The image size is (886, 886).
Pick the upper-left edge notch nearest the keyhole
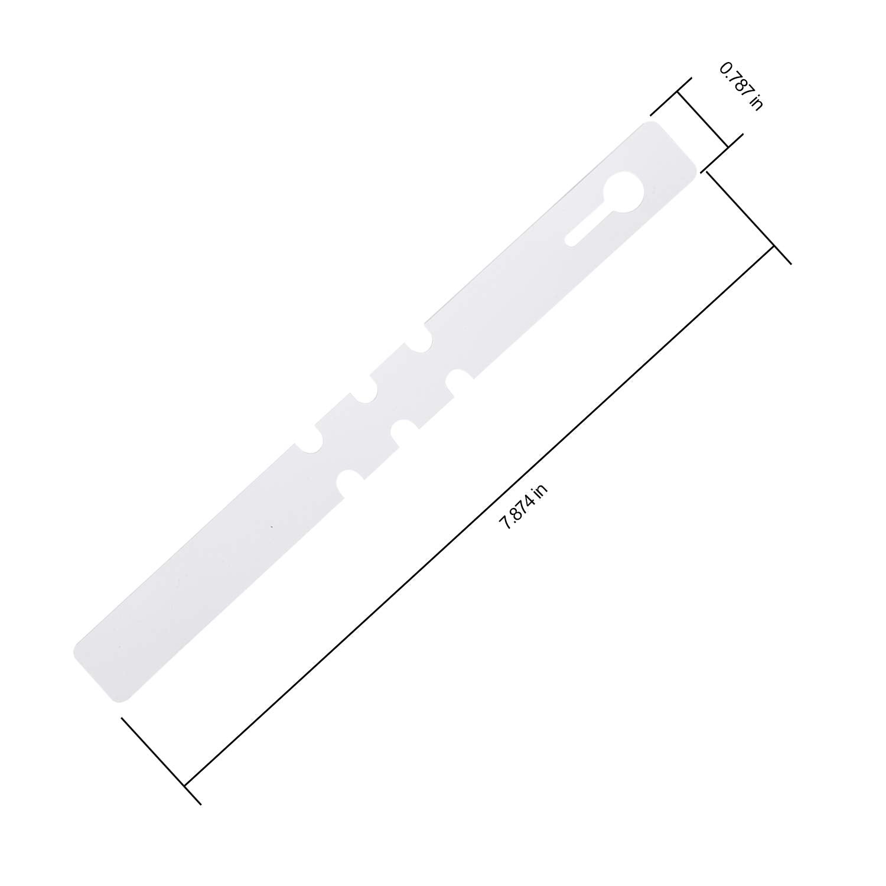[x=425, y=340]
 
